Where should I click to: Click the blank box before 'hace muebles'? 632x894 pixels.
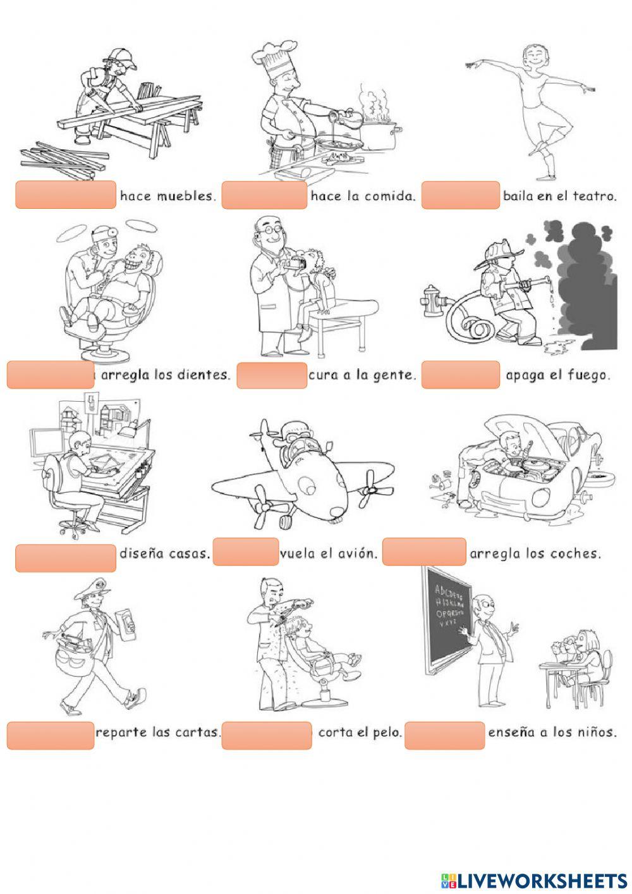[66, 195]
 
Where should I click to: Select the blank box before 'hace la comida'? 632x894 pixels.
[264, 195]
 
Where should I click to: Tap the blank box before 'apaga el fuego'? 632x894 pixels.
[461, 375]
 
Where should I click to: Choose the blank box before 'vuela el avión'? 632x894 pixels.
[246, 552]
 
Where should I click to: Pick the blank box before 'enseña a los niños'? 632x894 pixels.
[444, 735]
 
